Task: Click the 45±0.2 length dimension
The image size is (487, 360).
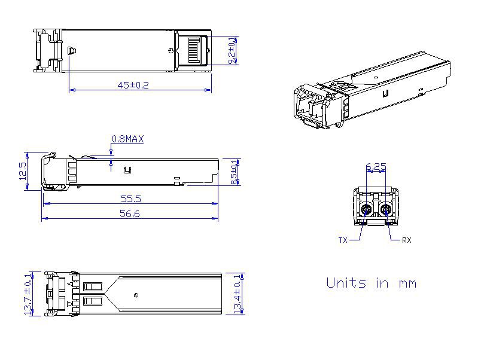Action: [x=133, y=85]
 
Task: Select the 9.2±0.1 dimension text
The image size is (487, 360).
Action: [x=232, y=51]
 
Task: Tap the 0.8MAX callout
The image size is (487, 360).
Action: [x=127, y=139]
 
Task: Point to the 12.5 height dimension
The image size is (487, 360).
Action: [x=23, y=170]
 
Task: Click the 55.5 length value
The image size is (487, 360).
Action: [x=131, y=199]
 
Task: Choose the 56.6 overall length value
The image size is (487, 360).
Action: [x=130, y=213]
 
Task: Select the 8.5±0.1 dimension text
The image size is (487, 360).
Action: [x=234, y=172]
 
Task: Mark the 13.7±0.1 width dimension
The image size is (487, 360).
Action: [x=28, y=294]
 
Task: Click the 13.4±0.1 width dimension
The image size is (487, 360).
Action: [x=238, y=294]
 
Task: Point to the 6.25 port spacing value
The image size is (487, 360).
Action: [x=376, y=167]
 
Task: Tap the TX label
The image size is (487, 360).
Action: [x=343, y=240]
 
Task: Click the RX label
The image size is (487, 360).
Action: [x=407, y=240]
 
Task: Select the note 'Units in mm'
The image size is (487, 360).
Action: [x=372, y=283]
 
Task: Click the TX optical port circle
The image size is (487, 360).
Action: [x=367, y=210]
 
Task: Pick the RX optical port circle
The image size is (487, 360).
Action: [x=386, y=210]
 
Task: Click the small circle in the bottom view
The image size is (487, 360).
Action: [x=136, y=295]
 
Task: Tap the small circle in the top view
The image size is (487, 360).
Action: [x=171, y=51]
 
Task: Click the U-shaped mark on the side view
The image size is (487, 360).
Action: [x=127, y=170]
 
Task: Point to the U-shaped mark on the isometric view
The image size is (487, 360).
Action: [x=386, y=93]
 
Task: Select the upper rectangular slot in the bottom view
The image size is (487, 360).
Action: [x=93, y=286]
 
